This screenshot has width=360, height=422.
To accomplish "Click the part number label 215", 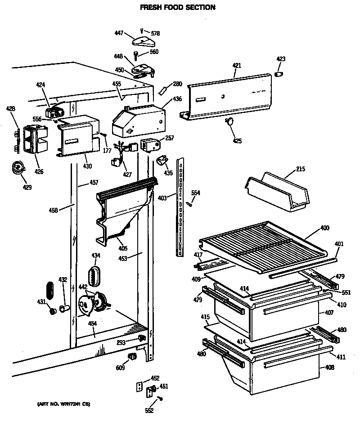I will (301, 170).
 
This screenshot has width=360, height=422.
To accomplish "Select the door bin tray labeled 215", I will (277, 191).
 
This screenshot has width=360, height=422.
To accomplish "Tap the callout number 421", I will (237, 66).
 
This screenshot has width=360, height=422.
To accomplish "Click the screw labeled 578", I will (143, 30).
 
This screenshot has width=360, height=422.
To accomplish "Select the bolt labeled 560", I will (135, 54).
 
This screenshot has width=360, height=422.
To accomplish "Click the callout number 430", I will (87, 166).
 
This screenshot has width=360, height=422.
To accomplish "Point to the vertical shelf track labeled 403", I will (180, 207).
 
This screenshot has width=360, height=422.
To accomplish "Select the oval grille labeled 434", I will (95, 275).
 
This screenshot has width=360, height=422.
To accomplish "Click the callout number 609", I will (120, 368).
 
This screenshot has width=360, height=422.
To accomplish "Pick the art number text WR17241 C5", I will (63, 404).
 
